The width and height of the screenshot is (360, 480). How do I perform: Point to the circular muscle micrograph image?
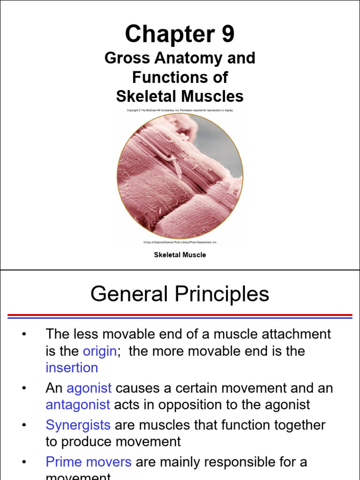pos(180,176)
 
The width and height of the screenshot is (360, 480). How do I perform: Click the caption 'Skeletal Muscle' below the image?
pos(180,255)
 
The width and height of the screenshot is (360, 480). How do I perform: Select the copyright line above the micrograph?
pos(180,110)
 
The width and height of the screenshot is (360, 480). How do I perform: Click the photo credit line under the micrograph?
pos(180,242)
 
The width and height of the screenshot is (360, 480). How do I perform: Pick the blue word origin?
pos(99,351)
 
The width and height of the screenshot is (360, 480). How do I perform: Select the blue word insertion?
pos(72,368)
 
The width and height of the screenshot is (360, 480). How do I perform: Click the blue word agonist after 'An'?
pos(89,389)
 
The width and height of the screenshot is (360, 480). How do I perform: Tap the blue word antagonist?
pos(78,405)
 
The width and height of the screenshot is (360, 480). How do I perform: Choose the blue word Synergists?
pos(78,425)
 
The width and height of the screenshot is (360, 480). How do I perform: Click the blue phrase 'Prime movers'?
pos(89,462)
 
